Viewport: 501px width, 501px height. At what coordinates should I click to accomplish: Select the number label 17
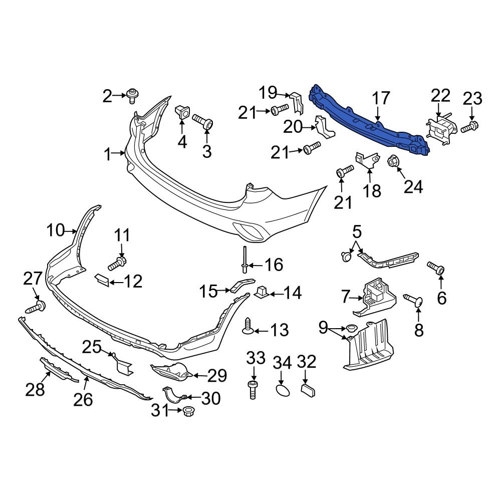point(380,98)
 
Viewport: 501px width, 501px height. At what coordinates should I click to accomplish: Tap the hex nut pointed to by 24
point(393,161)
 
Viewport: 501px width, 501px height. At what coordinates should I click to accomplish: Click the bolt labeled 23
point(470,127)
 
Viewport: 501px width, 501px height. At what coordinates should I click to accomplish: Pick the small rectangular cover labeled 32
point(307,390)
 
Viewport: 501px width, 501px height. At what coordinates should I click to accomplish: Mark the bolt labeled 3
point(202,121)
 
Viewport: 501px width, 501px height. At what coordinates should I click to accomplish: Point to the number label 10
point(56,231)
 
